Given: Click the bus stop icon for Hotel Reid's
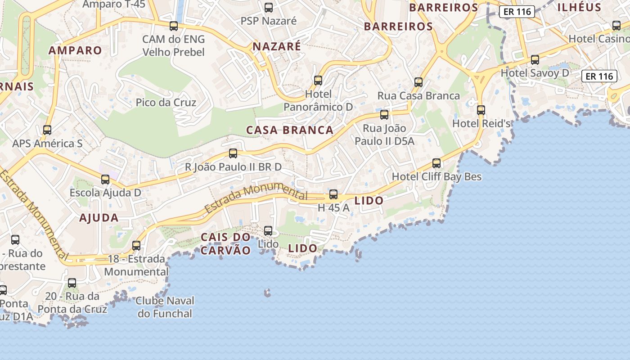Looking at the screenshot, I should [x=481, y=110].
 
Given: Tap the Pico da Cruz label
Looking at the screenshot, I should [x=166, y=103].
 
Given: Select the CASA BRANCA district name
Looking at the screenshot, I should [x=290, y=130].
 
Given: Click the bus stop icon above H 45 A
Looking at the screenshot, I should [x=333, y=194].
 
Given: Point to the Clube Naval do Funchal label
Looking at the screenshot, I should [x=165, y=307].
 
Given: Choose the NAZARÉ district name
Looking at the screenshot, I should [x=277, y=46].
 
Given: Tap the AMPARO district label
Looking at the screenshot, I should [x=75, y=50].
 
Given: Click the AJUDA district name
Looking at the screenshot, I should [x=99, y=218].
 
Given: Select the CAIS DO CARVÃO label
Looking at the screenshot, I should [x=225, y=244].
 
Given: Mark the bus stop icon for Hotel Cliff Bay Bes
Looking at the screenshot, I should [x=436, y=163].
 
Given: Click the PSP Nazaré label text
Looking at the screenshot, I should [x=269, y=21].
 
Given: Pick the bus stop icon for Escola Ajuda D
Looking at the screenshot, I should [x=105, y=180].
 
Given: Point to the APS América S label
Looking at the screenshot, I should [x=47, y=144].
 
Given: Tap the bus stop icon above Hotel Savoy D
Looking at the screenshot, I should [x=535, y=59].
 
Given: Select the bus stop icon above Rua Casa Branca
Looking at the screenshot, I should [x=418, y=82].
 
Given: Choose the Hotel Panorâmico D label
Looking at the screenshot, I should [x=318, y=100].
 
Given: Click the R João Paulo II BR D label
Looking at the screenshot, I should [x=234, y=167].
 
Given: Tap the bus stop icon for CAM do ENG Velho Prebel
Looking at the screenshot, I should [x=174, y=26].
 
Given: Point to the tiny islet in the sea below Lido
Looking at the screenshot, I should [x=267, y=293].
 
